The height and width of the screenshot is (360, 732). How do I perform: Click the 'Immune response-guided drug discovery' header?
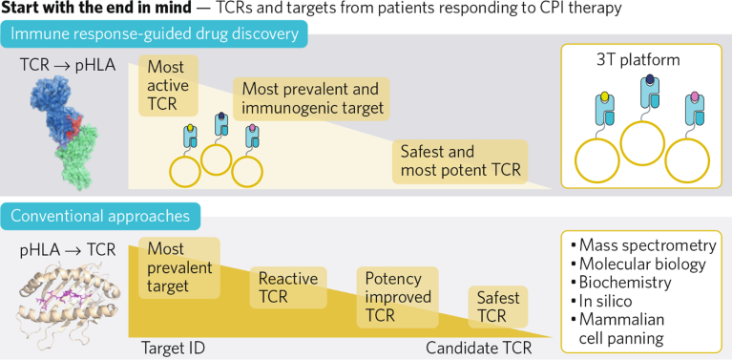click(157, 36)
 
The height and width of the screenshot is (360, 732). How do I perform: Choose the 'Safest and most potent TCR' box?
click(459, 165)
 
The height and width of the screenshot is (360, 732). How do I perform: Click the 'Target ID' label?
click(174, 349)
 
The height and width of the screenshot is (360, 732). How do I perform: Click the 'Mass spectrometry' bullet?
click(644, 244)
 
